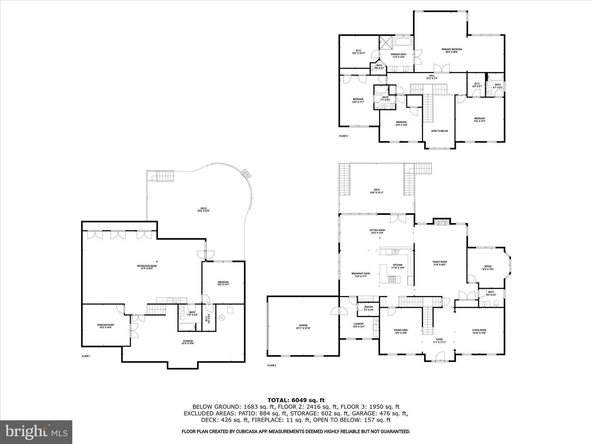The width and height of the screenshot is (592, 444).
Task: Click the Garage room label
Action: coord(303,327)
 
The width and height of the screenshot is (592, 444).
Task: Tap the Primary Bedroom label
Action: coord(452,51)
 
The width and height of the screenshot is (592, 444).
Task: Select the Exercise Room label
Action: coord(105,326)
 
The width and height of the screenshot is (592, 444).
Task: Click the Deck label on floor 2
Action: coord(377,191)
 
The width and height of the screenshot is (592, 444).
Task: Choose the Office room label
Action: coord(488,268)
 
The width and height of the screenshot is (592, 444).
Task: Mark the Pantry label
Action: coord(369,308)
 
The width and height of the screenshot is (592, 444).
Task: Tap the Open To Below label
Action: coord(439,131)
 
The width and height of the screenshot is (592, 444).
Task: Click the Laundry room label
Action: coord(358,325)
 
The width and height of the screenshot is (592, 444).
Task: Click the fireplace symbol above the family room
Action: coord(441,222)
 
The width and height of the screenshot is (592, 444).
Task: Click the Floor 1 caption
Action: coord(86,356)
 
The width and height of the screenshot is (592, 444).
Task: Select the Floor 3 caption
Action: coord(343,136)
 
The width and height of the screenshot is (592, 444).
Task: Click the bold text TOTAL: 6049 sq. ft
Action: coord(296,400)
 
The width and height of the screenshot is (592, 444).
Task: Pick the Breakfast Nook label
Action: coord(360,275)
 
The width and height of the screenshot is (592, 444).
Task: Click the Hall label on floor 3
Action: coord(432,77)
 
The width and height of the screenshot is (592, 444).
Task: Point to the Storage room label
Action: coord(188,342)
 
